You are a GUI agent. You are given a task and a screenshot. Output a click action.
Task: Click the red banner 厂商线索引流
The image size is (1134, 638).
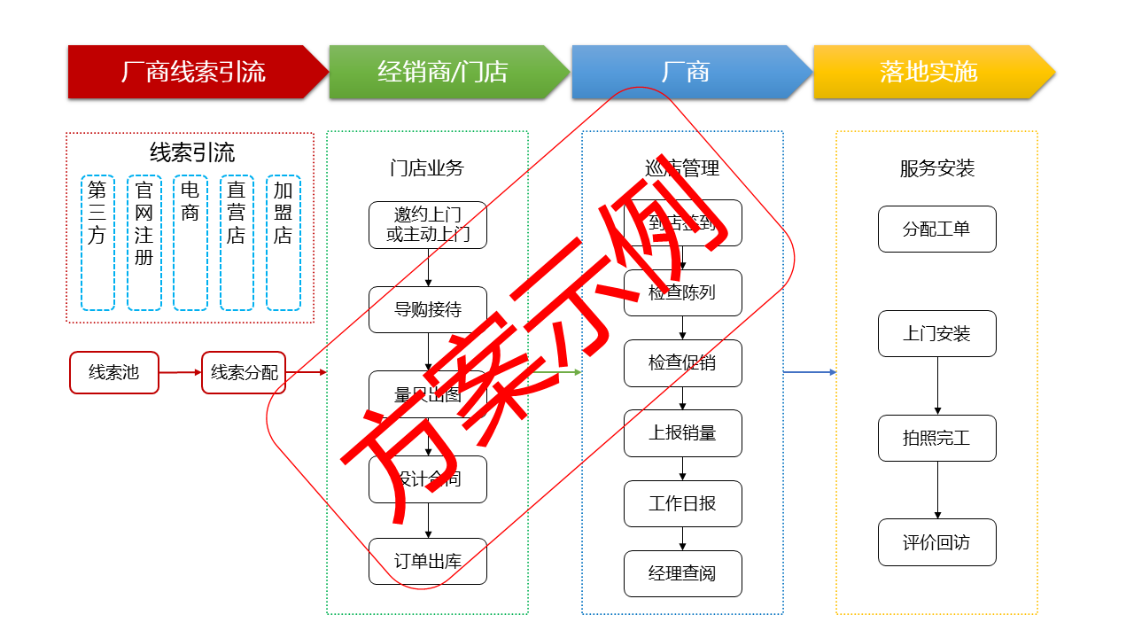(193, 72)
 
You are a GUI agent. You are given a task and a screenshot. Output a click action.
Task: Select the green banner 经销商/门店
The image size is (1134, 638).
(443, 72)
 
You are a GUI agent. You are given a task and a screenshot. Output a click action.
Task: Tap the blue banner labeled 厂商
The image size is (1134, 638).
(686, 72)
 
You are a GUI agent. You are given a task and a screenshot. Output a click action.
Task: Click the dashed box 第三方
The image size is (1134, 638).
(97, 243)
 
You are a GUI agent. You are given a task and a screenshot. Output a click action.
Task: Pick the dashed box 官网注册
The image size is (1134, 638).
(144, 243)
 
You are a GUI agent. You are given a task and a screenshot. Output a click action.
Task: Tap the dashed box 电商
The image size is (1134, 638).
(190, 243)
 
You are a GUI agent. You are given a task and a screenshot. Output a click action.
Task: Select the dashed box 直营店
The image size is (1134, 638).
(237, 243)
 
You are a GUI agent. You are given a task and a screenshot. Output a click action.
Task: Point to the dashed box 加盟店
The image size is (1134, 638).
(283, 243)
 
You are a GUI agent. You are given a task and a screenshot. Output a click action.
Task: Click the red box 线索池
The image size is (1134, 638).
(114, 372)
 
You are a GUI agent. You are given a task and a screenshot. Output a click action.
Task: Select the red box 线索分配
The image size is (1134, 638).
(244, 372)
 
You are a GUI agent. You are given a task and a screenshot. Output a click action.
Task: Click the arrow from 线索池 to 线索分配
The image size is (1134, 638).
(180, 372)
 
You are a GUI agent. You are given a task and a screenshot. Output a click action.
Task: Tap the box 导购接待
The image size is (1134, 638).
(428, 310)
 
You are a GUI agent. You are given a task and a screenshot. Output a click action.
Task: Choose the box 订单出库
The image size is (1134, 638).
(428, 561)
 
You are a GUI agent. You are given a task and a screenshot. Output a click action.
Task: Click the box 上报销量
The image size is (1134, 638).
(682, 433)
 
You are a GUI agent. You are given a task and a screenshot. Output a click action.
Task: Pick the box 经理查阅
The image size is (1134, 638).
(682, 573)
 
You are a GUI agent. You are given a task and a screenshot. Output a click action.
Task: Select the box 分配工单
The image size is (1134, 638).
(936, 229)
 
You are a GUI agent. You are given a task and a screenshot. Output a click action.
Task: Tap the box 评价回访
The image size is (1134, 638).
(936, 542)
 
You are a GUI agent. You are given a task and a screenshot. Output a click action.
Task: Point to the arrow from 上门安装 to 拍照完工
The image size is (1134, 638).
(937, 386)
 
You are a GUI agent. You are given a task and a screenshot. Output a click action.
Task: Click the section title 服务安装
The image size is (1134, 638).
(936, 168)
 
